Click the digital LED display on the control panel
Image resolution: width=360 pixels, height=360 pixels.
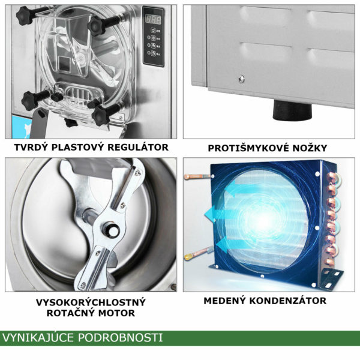point(154,20)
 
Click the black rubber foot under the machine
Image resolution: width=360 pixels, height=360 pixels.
point(292,110)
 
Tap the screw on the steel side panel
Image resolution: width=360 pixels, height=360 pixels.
point(241,79)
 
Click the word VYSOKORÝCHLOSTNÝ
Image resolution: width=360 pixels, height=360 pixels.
point(91,302)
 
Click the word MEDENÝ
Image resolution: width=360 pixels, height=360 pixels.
point(224,301)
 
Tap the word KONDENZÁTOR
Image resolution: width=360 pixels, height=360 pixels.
point(288,301)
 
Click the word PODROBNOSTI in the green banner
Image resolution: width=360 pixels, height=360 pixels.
point(121,338)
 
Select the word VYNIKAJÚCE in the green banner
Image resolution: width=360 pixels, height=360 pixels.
point(38,338)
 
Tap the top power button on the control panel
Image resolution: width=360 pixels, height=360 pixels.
point(153,31)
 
